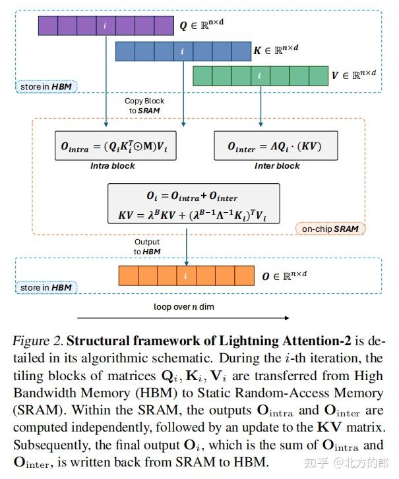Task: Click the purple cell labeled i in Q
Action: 106,26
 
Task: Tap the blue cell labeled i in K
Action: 183,51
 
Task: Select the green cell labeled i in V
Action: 260,76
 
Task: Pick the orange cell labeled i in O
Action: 185,275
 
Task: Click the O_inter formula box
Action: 278,146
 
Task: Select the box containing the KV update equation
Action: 194,205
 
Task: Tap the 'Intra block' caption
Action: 113,166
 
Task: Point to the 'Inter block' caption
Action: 277,166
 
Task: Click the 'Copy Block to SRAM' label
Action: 144,105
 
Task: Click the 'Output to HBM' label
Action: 146,246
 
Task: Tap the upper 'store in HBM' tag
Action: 46,86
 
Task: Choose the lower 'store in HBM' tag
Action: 46,287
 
